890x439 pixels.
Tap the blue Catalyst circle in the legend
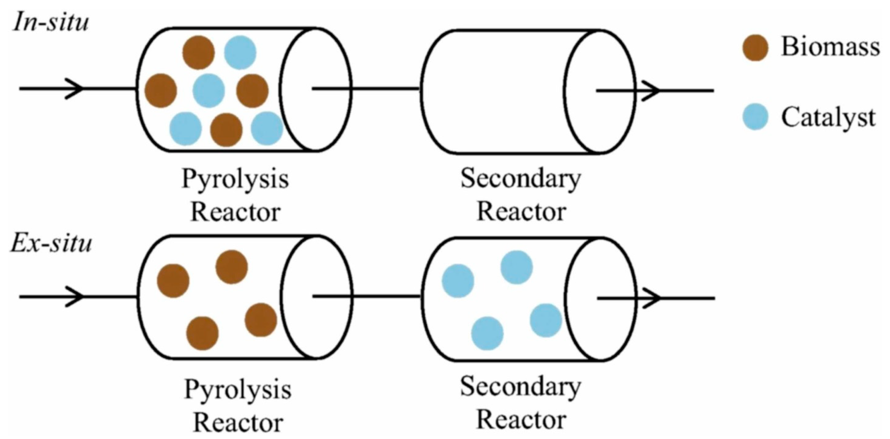[755, 117]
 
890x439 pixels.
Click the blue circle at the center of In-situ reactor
[208, 91]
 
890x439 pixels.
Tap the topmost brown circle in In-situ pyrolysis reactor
[198, 52]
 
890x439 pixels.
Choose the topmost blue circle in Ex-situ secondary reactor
[517, 267]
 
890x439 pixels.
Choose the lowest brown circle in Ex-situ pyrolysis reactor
[202, 333]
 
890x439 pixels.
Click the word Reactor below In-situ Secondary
[521, 212]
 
